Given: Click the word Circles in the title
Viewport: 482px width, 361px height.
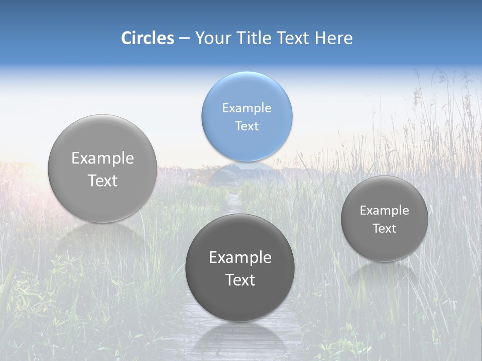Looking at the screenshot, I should (148, 38).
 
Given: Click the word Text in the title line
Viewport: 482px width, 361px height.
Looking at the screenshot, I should (293, 38).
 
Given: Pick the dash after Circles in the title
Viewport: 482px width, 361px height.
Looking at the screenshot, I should (184, 39).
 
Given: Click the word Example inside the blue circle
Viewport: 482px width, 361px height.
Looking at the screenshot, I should (247, 108).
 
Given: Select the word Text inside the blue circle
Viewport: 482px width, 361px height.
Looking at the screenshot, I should (247, 126).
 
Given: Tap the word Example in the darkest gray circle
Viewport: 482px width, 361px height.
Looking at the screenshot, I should (240, 257).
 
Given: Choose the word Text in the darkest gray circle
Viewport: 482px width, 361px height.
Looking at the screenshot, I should (240, 280).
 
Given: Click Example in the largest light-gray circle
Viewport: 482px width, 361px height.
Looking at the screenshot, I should (102, 158).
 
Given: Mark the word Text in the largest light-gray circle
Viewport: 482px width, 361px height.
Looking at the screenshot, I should (102, 180).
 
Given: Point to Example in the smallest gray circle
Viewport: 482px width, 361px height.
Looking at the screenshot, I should (384, 210).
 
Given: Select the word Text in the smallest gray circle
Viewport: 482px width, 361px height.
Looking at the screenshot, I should (384, 228).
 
